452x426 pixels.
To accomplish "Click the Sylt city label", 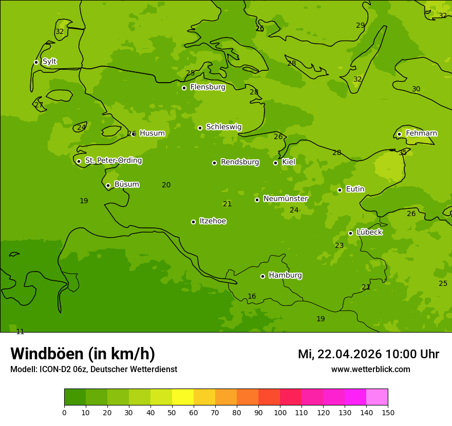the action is click(x=49, y=62).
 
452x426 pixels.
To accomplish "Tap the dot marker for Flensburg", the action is click(x=184, y=88).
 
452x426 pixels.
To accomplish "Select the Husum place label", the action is click(x=152, y=133).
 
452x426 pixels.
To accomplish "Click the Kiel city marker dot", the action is click(x=275, y=163).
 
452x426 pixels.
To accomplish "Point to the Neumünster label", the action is click(x=286, y=199).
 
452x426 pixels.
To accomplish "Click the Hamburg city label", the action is click(x=285, y=275).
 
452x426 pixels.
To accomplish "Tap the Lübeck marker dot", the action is click(x=350, y=233).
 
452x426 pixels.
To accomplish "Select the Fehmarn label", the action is click(x=421, y=133).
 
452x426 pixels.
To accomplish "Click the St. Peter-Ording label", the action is click(x=113, y=161).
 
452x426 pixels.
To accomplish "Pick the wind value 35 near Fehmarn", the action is click(x=403, y=152).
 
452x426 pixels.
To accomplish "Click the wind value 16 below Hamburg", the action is click(x=252, y=297).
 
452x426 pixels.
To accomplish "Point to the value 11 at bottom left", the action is click(x=20, y=332).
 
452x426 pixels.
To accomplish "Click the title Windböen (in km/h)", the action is click(x=83, y=354).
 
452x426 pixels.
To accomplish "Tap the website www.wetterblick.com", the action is click(x=370, y=370).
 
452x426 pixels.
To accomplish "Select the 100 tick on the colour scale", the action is click(x=280, y=412).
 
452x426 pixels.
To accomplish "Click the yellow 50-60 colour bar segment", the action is click(x=183, y=397).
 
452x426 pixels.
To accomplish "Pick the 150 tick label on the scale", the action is click(x=388, y=412).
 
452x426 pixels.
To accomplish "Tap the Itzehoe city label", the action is click(x=213, y=221).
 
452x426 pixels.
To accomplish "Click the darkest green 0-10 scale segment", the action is click(x=75, y=397).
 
